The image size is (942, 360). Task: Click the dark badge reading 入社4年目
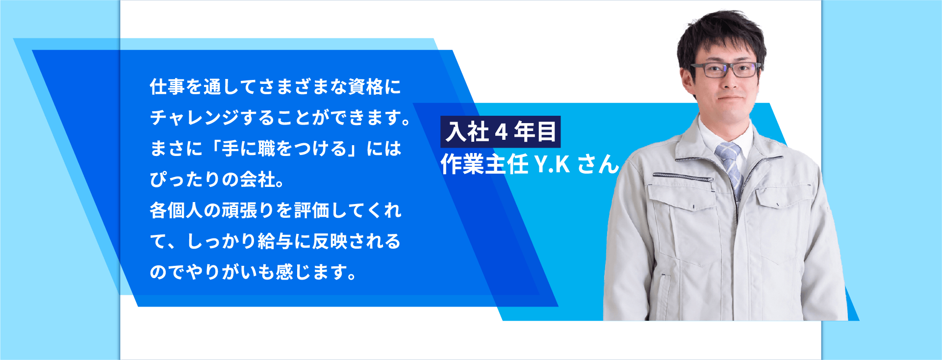coord(501,132)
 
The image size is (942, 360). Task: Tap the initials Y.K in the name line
coord(552,164)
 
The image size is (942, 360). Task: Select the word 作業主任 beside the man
coord(484,164)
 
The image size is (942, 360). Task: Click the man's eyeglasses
coord(726,70)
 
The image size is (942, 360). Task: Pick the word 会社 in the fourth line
coord(258,180)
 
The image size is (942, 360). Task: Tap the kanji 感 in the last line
coord(285,272)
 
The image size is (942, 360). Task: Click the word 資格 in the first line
coord(366,87)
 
